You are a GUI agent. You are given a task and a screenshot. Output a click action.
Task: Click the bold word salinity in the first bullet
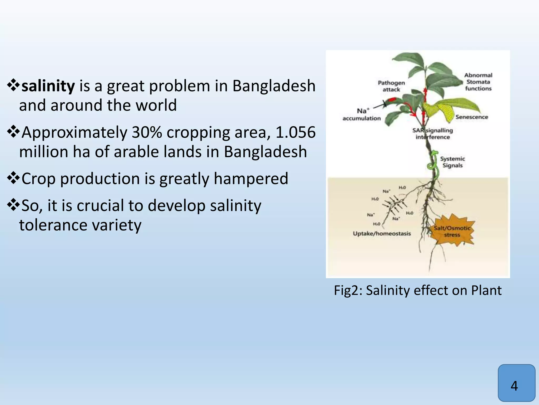[48, 86]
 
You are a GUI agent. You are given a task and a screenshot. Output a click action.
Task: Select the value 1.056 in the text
[295, 132]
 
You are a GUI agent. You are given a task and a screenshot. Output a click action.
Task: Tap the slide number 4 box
[516, 386]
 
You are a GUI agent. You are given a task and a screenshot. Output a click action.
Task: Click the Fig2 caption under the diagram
[418, 290]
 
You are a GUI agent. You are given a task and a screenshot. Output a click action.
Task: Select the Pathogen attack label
[391, 86]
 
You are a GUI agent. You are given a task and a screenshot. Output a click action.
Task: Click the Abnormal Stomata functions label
[478, 82]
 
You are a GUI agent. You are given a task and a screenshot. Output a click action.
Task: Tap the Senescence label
[472, 117]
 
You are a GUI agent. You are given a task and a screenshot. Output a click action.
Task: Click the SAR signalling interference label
[433, 134]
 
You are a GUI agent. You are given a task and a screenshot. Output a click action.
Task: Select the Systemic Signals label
[452, 162]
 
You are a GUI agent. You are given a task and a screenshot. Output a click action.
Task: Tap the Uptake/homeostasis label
[382, 234]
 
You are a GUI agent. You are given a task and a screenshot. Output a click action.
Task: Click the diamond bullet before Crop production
[13, 179]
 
